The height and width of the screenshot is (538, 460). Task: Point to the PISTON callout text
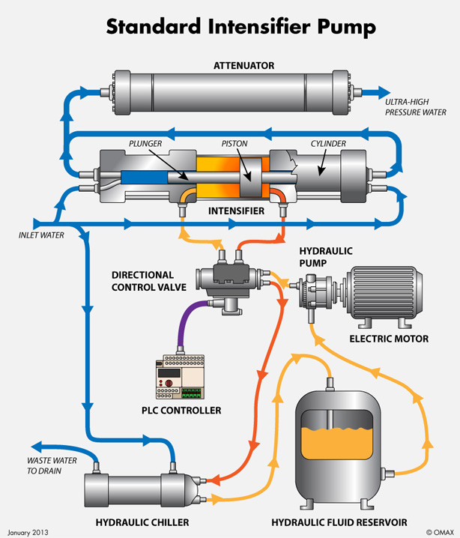click(234, 143)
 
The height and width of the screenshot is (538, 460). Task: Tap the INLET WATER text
click(41, 235)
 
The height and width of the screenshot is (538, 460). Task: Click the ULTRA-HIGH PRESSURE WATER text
click(416, 106)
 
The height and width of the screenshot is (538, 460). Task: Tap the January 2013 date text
click(27, 531)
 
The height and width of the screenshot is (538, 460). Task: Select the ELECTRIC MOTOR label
click(389, 339)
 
